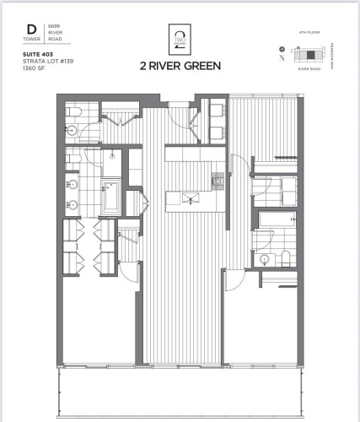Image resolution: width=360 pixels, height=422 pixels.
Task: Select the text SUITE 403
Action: (36, 53)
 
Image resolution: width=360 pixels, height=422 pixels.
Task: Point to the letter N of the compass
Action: (280, 47)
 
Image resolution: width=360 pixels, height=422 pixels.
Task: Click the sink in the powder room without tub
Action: (73, 129)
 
